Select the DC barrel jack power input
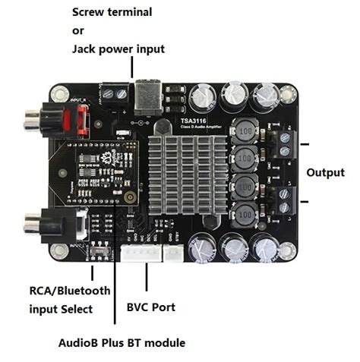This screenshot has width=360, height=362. pyautogui.click(x=145, y=95)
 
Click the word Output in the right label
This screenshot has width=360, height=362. pyautogui.click(x=325, y=172)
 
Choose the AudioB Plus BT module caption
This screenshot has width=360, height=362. pyautogui.click(x=122, y=342)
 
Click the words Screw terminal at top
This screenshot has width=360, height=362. pyautogui.click(x=112, y=13)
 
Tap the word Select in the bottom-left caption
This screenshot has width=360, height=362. pyautogui.click(x=77, y=309)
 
